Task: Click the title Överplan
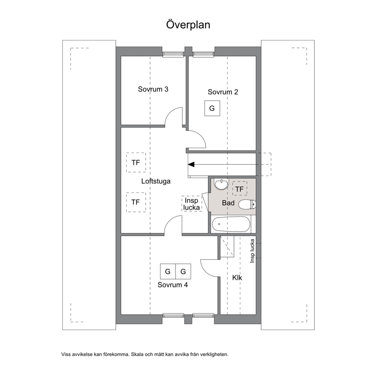tap(188, 25)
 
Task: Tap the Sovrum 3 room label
tap(153, 89)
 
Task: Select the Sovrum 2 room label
tap(223, 92)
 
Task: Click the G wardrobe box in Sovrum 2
tap(212, 108)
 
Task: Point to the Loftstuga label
tap(156, 181)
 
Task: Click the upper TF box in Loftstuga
tap(136, 162)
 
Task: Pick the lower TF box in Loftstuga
tap(136, 202)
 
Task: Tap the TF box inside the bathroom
tap(240, 189)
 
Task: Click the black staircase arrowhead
tap(191, 164)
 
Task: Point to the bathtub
tap(231, 224)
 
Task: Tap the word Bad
tap(228, 203)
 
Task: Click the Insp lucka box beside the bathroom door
tap(191, 204)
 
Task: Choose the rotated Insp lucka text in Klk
tap(252, 251)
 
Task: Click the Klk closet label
tap(237, 278)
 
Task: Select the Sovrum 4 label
tap(173, 285)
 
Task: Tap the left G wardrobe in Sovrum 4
tap(168, 271)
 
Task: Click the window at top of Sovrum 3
tap(173, 54)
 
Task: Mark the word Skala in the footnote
tap(137, 354)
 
